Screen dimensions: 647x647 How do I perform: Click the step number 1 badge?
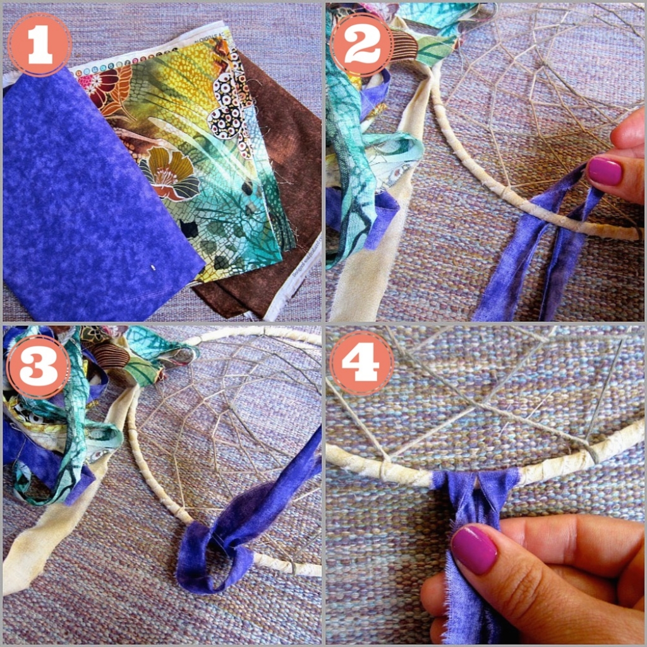[40, 45]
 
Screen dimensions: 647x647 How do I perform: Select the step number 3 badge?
[39, 366]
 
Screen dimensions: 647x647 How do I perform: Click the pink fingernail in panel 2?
[605, 171]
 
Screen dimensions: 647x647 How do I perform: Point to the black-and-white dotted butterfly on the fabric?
[229, 106]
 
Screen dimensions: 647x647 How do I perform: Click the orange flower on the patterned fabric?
[169, 173]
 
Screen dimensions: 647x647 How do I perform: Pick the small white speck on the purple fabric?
[154, 268]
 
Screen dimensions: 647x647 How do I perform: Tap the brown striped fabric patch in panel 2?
[404, 45]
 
